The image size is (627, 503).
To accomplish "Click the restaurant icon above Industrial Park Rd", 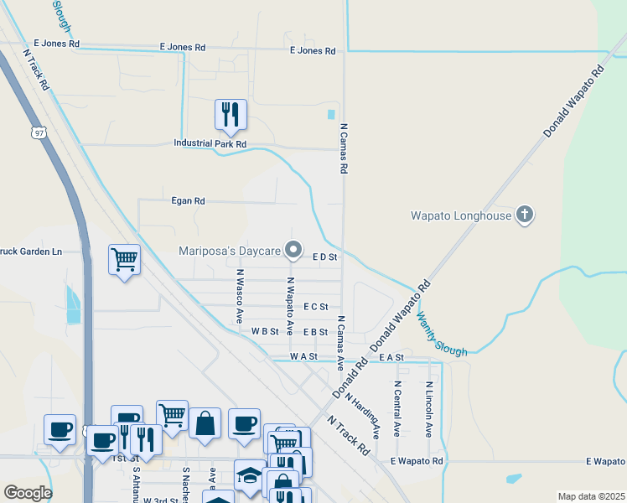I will click(231, 115).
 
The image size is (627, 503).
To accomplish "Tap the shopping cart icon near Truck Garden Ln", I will click(124, 260).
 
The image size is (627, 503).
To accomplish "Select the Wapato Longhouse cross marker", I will click(525, 215).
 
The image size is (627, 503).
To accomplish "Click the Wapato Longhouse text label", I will click(460, 215).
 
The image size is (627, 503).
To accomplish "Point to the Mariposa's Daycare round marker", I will click(293, 250).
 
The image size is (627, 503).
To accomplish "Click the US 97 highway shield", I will click(39, 132).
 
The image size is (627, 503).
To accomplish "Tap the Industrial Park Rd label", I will click(210, 143).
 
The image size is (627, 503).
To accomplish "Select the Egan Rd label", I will click(188, 201).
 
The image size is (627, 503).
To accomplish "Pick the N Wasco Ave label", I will click(239, 296).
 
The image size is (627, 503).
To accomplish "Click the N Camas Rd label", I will click(344, 148).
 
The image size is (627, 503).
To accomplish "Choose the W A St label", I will click(303, 356).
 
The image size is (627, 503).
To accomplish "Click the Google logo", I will click(28, 492).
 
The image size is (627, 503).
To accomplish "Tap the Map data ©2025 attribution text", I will click(591, 496).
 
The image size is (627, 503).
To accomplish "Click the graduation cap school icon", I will click(249, 474).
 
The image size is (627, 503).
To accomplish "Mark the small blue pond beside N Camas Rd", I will click(331, 114).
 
